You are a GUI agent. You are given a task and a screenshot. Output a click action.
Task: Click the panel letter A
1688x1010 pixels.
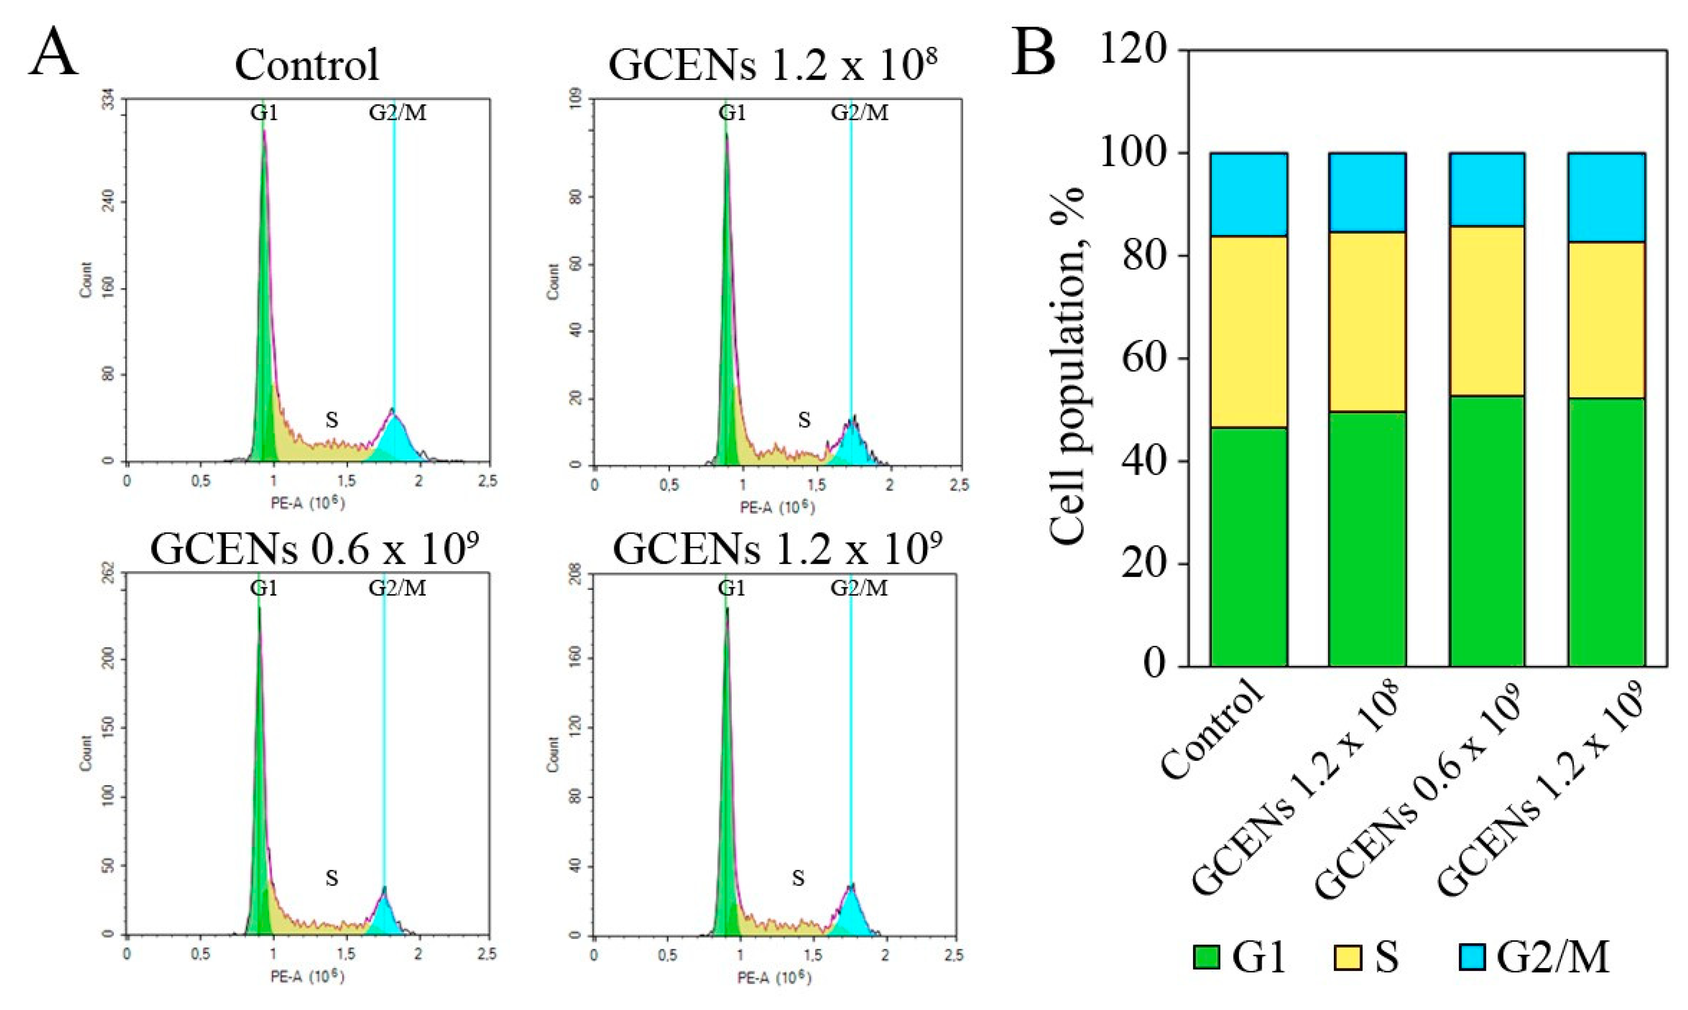[x=53, y=53]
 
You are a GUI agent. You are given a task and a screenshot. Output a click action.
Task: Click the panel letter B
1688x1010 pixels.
[x=1033, y=53]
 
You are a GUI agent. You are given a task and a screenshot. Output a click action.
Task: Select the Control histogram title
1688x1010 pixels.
[x=307, y=66]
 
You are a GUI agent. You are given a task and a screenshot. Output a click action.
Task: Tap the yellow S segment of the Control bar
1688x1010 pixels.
[x=1248, y=332]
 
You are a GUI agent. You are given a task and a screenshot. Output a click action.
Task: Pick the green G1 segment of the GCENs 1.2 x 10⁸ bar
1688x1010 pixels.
[x=1366, y=538]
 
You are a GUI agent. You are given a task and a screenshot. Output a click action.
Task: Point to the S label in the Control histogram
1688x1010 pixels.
[x=332, y=420]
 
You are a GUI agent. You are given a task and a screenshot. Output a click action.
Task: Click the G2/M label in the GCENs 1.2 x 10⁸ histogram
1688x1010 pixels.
[x=859, y=112]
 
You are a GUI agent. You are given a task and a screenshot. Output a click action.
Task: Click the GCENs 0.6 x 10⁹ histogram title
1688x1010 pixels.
[x=314, y=548]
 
